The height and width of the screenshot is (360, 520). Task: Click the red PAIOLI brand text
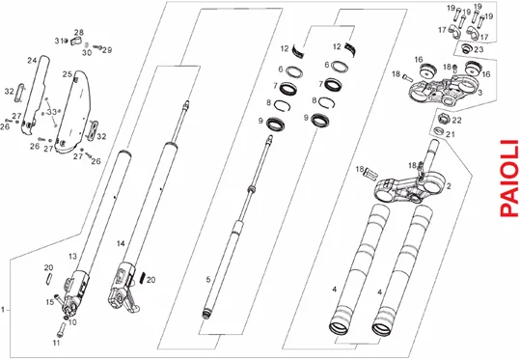509,179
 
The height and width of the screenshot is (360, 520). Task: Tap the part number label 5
208,279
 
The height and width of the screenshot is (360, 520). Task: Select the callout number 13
72,256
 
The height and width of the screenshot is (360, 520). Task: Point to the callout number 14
121,243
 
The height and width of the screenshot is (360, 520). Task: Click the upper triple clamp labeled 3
444,91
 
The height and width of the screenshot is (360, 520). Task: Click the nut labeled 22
443,118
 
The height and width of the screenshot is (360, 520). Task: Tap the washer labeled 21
438,130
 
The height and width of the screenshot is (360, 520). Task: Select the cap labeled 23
466,49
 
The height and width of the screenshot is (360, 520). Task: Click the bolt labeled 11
61,329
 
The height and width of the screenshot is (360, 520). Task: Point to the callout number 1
3,310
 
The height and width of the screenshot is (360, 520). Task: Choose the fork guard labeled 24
35,96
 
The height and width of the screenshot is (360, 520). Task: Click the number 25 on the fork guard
68,74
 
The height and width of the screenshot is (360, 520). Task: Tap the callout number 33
51,112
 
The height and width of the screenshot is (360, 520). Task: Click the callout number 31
59,41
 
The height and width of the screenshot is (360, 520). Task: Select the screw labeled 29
98,47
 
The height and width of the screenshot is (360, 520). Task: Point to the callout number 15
50,302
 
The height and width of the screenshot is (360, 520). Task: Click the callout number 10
72,322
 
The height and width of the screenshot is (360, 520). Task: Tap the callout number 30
87,53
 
